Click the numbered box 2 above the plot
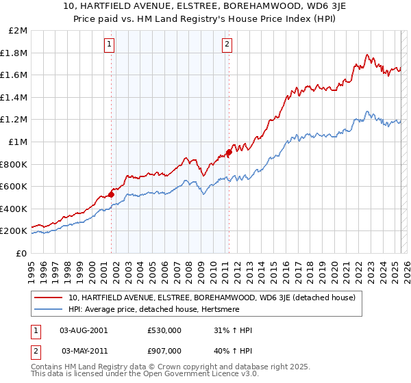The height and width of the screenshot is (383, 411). click(227, 46)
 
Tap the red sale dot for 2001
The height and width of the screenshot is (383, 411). click(111, 194)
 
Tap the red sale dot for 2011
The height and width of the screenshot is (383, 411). click(229, 153)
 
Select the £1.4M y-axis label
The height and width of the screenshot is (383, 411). click(14, 97)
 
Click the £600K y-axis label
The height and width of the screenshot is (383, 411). click(13, 186)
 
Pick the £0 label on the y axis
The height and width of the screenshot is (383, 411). click(21, 253)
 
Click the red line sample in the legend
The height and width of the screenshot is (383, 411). click(49, 298)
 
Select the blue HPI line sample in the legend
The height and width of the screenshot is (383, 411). click(49, 309)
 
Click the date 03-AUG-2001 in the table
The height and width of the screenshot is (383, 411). click(84, 330)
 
